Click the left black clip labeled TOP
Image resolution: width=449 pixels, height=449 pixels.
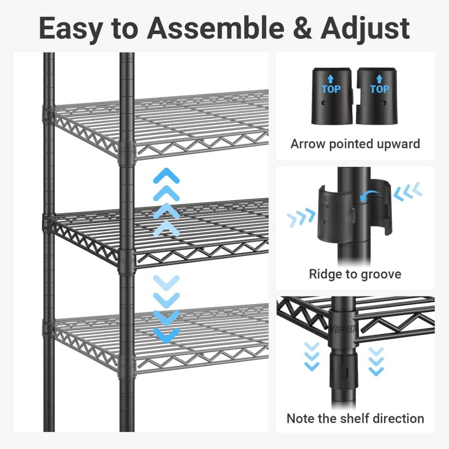pos(331,96)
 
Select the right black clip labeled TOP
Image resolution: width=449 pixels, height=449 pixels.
pos(379,96)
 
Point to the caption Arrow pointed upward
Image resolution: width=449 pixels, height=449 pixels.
pos(355,144)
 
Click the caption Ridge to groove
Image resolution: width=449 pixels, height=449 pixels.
pos(355,274)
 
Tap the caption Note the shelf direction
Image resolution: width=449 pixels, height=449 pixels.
pos(355,418)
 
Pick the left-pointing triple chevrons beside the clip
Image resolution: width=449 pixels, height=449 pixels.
pos(408,191)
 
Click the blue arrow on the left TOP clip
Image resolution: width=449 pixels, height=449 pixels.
pos(331,80)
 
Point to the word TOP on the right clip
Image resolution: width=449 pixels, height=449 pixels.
pos(380,89)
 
